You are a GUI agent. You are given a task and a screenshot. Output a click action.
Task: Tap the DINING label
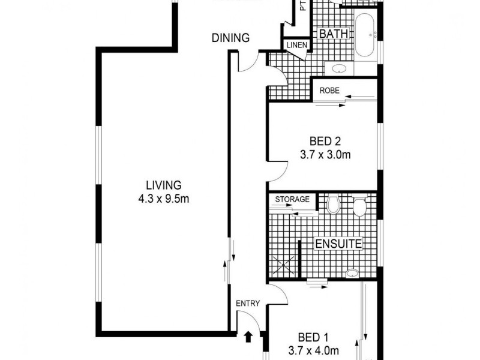[230, 38]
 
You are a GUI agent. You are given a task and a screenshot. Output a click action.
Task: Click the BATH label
[334, 34]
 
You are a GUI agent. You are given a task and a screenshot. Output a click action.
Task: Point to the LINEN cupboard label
[296, 45]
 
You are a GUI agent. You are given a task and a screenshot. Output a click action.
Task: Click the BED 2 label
[325, 142]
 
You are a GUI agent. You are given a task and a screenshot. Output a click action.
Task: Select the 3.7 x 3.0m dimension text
[325, 155]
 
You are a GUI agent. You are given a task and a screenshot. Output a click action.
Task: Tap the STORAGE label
[292, 199]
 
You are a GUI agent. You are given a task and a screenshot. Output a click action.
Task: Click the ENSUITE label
[339, 244]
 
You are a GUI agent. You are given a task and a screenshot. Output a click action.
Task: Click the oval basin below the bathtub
[338, 68]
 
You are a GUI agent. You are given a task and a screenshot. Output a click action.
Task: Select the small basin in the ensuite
[351, 274]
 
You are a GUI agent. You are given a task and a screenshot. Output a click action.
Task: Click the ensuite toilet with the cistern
[359, 207]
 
